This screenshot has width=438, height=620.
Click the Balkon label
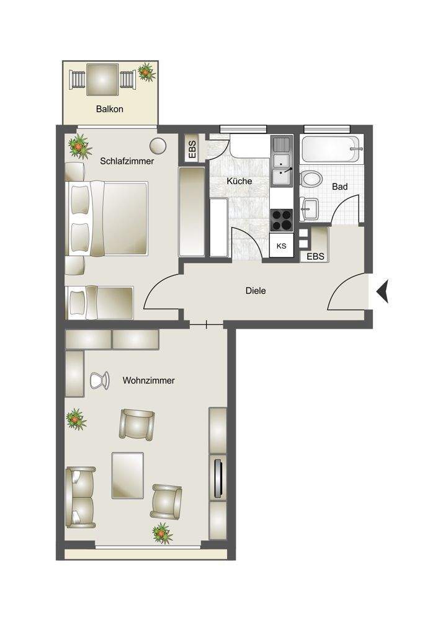[x=110, y=109]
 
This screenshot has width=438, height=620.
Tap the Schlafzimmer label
[x=127, y=161]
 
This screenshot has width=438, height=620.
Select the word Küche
[x=239, y=182]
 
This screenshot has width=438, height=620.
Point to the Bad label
[x=339, y=187]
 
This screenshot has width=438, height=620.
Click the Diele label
[x=256, y=290]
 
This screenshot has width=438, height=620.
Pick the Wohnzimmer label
[x=148, y=381]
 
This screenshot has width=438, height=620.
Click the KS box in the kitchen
[x=281, y=246]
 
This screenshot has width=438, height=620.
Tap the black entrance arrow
[x=382, y=291]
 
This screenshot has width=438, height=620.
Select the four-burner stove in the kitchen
[x=281, y=219]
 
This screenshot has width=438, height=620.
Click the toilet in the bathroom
[x=311, y=180]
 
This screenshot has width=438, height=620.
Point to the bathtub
[x=331, y=149]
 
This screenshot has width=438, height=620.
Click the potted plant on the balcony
[x=146, y=72]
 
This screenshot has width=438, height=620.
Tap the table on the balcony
[x=102, y=79]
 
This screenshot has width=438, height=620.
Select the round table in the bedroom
[x=158, y=146]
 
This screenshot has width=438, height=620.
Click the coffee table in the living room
[x=128, y=473]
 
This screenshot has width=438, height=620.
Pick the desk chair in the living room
[x=99, y=379]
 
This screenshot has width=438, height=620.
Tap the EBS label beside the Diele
[x=315, y=256]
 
